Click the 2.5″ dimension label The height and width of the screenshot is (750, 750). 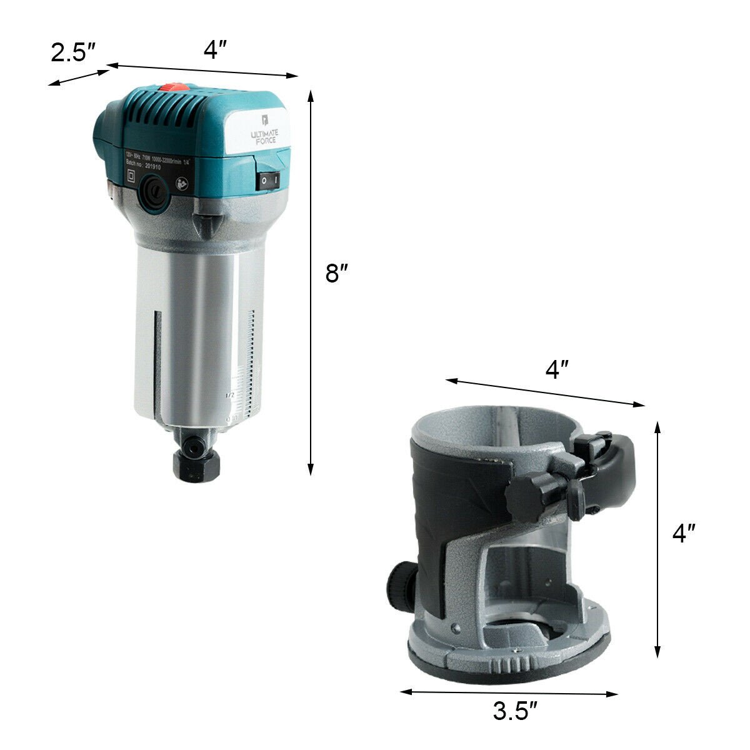coord(72,52)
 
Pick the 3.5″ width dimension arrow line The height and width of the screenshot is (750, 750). coord(509,692)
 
